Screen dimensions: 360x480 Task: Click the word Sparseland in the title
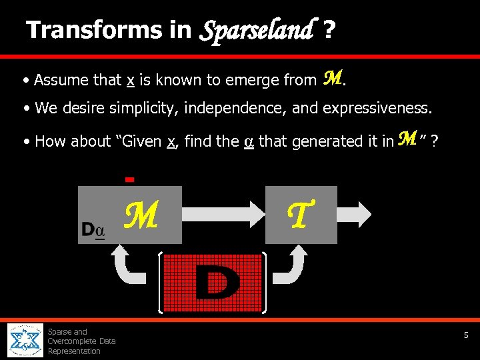(256, 31)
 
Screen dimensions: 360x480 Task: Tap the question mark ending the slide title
(328, 30)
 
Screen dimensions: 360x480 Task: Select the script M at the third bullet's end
(407, 139)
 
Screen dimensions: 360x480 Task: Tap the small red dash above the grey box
(130, 179)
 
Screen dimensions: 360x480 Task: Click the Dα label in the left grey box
(93, 231)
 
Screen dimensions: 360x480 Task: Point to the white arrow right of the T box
(359, 214)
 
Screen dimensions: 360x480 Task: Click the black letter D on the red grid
(216, 282)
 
